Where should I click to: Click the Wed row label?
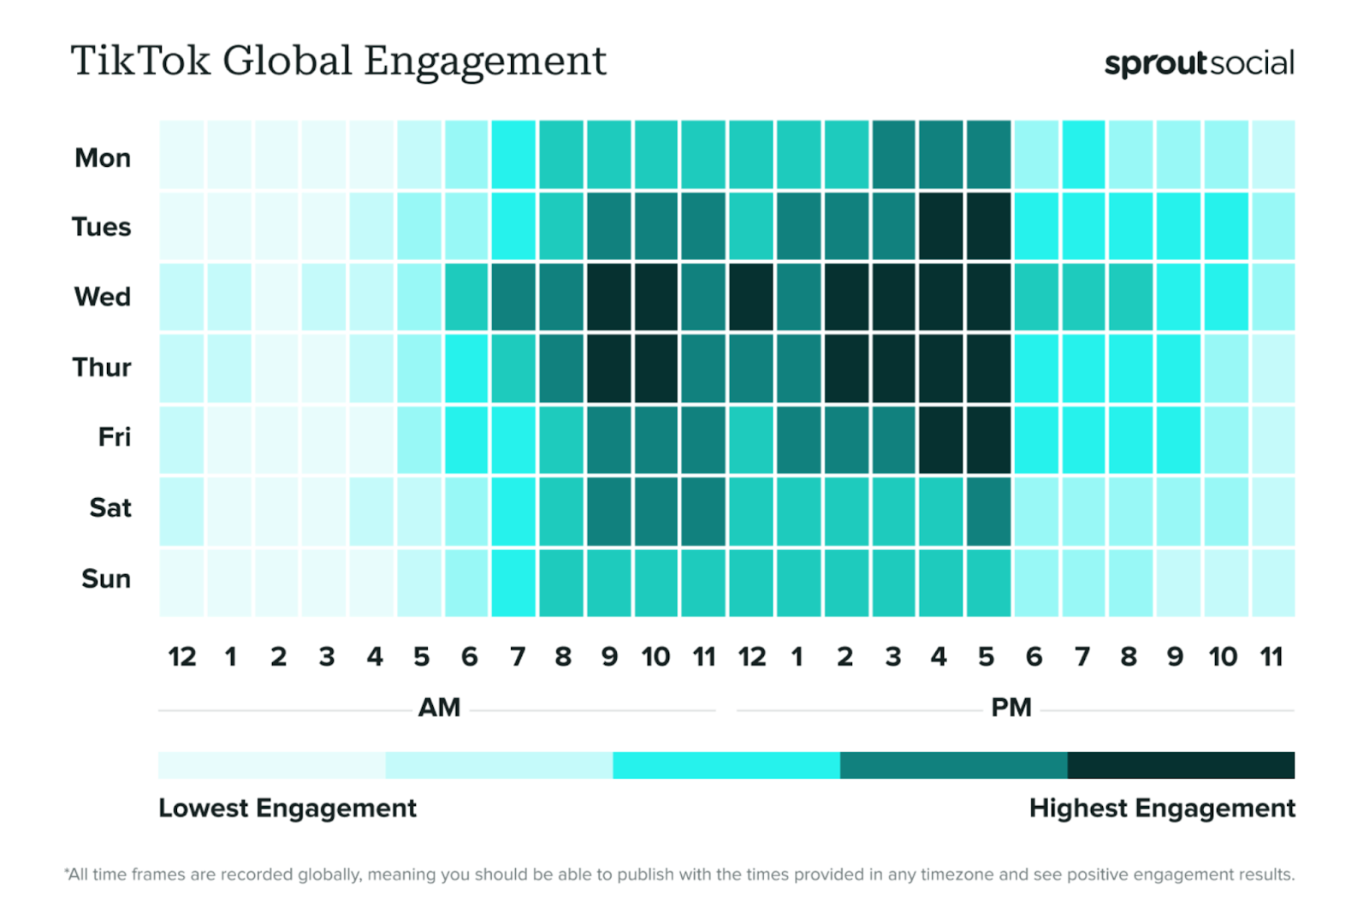coord(103,297)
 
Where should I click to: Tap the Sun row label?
coord(106,578)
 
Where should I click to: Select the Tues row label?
coord(101,227)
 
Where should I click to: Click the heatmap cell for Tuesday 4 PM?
coord(941,226)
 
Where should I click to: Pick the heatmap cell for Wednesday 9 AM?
coord(608,296)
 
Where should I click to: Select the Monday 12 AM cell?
coord(181,155)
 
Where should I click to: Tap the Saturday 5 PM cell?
coord(988,511)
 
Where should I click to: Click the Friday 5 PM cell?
coord(988,440)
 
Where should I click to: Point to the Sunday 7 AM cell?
coord(513,582)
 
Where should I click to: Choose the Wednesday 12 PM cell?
coord(751,296)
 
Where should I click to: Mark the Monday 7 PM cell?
coord(1083,155)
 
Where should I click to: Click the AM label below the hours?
coord(439,708)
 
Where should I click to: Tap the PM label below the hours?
coord(1010,708)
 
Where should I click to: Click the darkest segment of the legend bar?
coord(1181,765)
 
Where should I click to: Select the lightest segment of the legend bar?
coord(271,765)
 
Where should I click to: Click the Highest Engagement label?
coord(1161,808)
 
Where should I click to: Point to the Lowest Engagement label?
coord(287,808)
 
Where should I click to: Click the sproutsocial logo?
coord(1199,63)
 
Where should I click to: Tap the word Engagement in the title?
coord(485,62)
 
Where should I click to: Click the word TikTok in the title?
coord(140,62)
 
